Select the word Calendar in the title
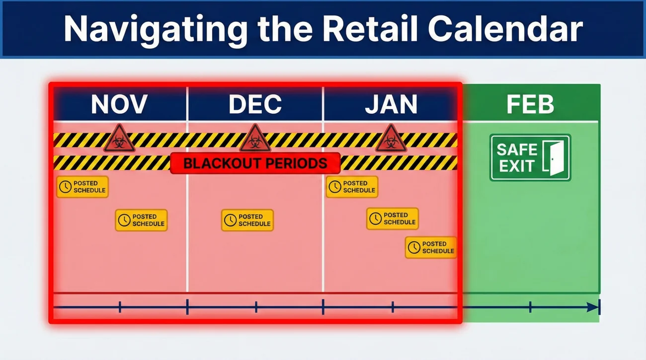(505, 29)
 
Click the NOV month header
(119, 104)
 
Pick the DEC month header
(255, 104)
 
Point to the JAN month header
(391, 104)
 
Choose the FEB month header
(530, 104)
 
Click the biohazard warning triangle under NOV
(119, 139)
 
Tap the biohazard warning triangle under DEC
(255, 139)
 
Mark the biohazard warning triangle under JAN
(391, 139)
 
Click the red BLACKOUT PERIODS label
(255, 163)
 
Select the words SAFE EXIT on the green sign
(517, 157)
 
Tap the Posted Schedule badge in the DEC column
(247, 220)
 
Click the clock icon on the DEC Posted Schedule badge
(230, 220)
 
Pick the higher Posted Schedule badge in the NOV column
(82, 187)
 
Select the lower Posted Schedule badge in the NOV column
(141, 220)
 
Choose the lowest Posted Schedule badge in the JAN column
(431, 247)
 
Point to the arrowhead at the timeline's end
(593, 307)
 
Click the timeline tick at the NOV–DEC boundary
(187, 307)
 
